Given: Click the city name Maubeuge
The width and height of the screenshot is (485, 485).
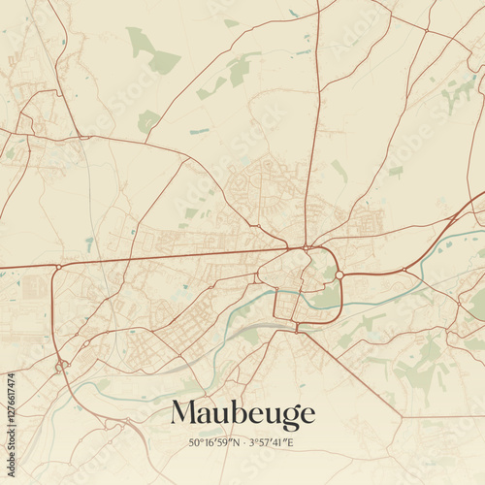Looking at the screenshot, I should click(x=242, y=414).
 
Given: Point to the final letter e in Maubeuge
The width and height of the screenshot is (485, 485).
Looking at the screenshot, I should click(x=307, y=416).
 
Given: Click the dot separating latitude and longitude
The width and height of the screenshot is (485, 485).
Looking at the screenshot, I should click(x=244, y=442).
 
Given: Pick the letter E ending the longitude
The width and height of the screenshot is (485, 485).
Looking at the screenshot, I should click(x=290, y=442).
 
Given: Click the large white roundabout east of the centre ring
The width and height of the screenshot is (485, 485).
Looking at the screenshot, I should click(x=339, y=275).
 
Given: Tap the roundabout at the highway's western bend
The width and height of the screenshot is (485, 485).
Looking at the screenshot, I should click(x=58, y=266).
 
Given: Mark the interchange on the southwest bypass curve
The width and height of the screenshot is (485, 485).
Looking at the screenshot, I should click(x=62, y=366).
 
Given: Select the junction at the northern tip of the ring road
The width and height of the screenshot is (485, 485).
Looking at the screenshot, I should click(x=307, y=248).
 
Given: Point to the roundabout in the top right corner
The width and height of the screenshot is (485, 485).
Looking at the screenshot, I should click(x=425, y=31).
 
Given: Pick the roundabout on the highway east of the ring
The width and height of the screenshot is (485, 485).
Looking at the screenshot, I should click(x=404, y=270).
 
